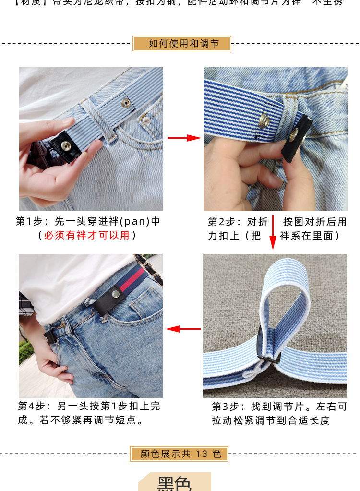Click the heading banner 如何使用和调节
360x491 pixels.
point(182,44)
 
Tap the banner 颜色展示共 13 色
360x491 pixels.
point(180,454)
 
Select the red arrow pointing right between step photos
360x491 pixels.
point(184,138)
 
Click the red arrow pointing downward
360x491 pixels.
point(273,232)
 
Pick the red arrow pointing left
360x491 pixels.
point(183,329)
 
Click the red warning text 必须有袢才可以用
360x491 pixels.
point(86,235)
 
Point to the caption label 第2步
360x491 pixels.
point(221,222)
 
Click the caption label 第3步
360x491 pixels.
point(225,407)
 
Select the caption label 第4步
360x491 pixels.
point(32,406)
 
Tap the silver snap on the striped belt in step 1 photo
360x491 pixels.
point(126,102)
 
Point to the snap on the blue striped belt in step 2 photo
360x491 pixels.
point(264,120)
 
